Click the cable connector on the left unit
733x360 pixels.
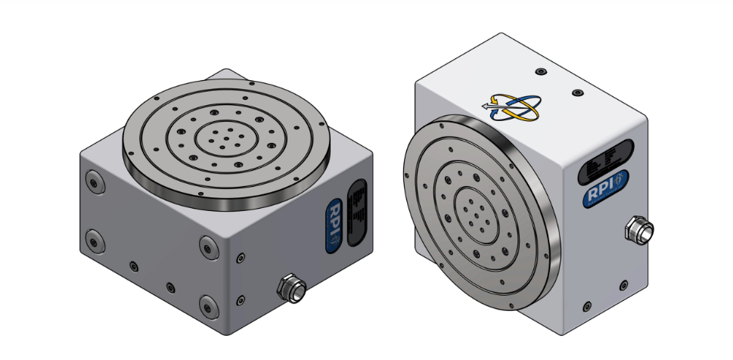point(290,287)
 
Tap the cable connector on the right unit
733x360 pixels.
point(640,228)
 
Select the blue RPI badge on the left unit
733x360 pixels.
point(334,225)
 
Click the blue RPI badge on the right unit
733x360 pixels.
point(606,188)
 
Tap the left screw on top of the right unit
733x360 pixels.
point(539,72)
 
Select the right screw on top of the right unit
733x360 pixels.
point(578,92)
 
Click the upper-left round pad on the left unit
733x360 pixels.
point(94,181)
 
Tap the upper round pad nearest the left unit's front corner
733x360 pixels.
point(208,246)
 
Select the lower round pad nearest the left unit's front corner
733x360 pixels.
point(207,306)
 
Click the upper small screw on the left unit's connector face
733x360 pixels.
point(240,257)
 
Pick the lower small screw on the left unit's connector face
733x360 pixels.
point(240,298)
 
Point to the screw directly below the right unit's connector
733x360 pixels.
point(623,285)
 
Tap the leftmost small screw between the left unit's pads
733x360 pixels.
point(134,265)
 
